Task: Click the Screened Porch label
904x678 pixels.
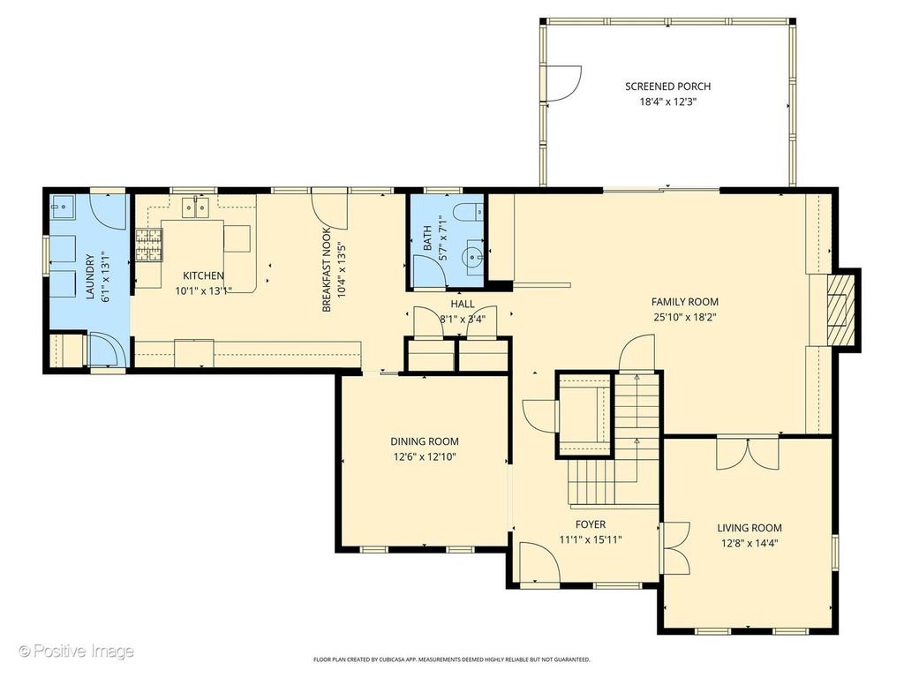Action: pyautogui.click(x=667, y=87)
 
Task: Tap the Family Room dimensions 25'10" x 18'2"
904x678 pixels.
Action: pyautogui.click(x=685, y=317)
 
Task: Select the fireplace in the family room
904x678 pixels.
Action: pyautogui.click(x=839, y=310)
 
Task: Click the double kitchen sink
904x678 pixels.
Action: pyautogui.click(x=195, y=207)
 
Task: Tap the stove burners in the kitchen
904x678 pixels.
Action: pyautogui.click(x=148, y=245)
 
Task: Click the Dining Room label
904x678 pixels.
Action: pyautogui.click(x=425, y=441)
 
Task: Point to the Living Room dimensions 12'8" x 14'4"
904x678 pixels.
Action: pyautogui.click(x=750, y=543)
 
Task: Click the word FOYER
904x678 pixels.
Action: pyautogui.click(x=591, y=524)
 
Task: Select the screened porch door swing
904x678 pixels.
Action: pyautogui.click(x=562, y=84)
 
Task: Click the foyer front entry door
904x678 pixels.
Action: pyautogui.click(x=539, y=562)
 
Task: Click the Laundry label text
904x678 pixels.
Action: pyautogui.click(x=90, y=277)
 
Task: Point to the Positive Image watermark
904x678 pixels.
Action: pyautogui.click(x=77, y=652)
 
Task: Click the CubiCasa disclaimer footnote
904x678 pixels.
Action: pyautogui.click(x=451, y=659)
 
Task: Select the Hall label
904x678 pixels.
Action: pyautogui.click(x=463, y=304)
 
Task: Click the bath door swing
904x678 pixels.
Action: pyautogui.click(x=428, y=270)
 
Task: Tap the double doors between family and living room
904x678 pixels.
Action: pyautogui.click(x=747, y=455)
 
